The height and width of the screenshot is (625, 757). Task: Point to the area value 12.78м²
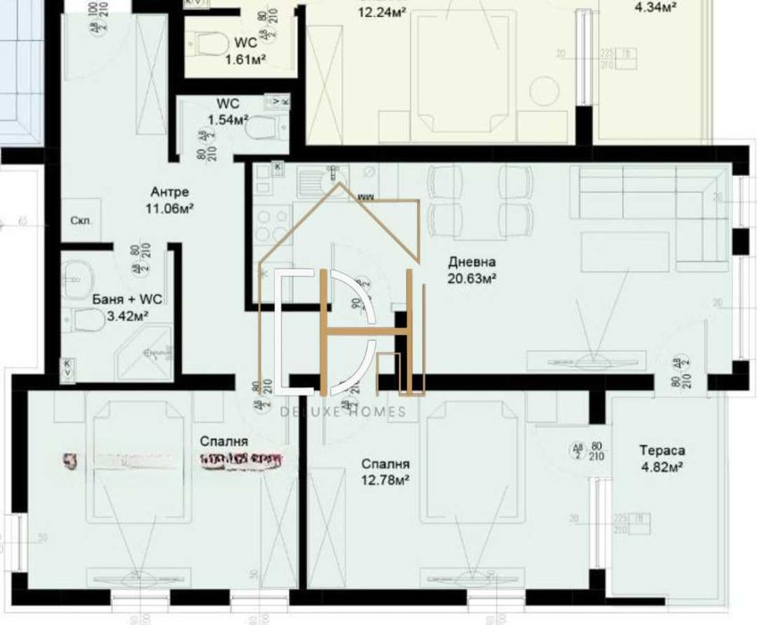click(385, 480)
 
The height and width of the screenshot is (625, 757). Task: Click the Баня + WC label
click(121, 300)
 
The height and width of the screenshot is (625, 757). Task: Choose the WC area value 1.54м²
click(228, 119)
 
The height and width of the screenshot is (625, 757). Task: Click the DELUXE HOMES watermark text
click(343, 412)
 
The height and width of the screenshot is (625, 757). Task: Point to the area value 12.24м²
click(382, 12)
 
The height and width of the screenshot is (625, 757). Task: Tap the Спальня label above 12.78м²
click(385, 464)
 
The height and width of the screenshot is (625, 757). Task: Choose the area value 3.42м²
click(121, 315)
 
